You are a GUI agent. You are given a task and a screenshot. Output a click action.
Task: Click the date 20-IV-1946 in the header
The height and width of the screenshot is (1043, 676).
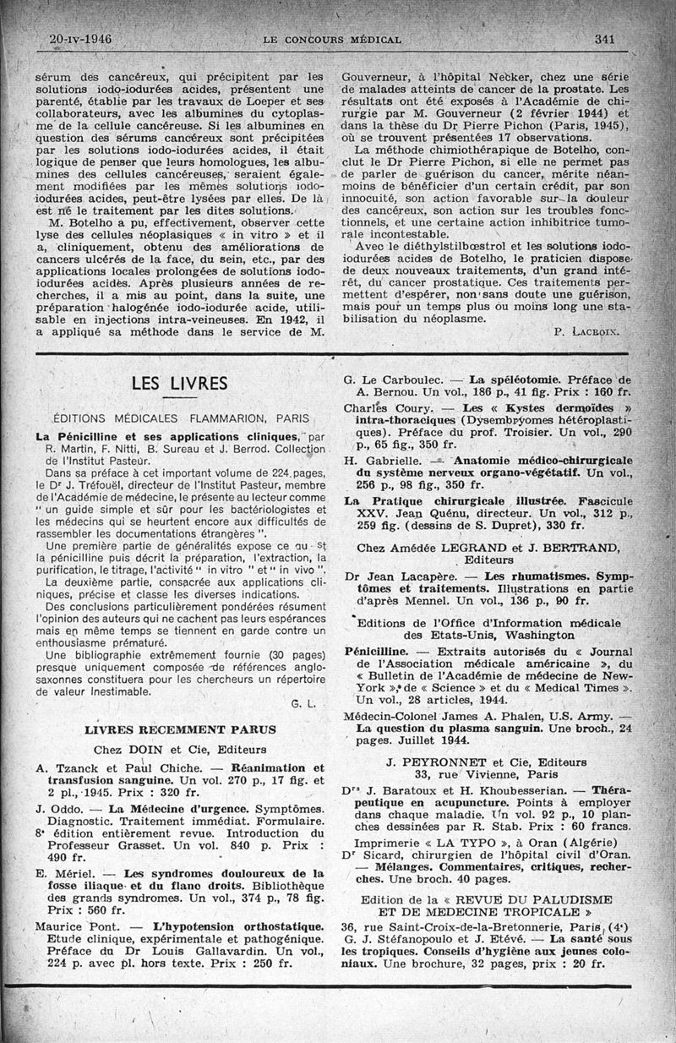pyautogui.click(x=81, y=39)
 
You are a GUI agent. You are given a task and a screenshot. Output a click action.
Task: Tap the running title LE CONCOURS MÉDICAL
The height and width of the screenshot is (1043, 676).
pyautogui.click(x=332, y=40)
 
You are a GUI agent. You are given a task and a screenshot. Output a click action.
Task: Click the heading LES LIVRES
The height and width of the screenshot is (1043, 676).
pyautogui.click(x=179, y=384)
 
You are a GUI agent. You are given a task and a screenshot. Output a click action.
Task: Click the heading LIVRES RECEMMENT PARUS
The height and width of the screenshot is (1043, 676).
pyautogui.click(x=182, y=729)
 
